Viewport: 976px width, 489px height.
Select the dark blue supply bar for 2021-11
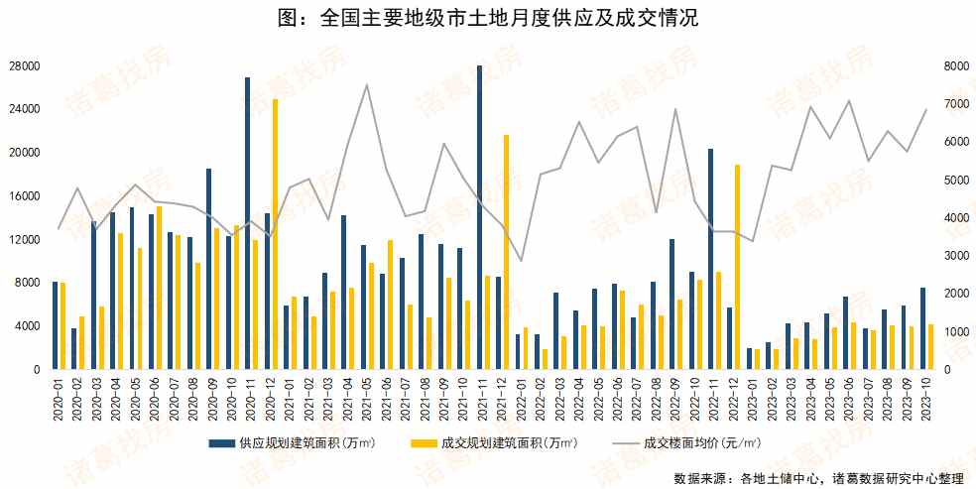click(x=479, y=218)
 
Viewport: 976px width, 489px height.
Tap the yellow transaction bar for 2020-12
click(x=275, y=234)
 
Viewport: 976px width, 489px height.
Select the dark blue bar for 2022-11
click(x=710, y=259)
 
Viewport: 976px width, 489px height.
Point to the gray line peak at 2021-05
click(x=367, y=85)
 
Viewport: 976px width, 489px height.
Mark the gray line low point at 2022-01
click(x=521, y=261)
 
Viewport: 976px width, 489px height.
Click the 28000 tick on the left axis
click(x=25, y=66)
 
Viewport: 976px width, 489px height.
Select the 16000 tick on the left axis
click(x=25, y=196)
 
